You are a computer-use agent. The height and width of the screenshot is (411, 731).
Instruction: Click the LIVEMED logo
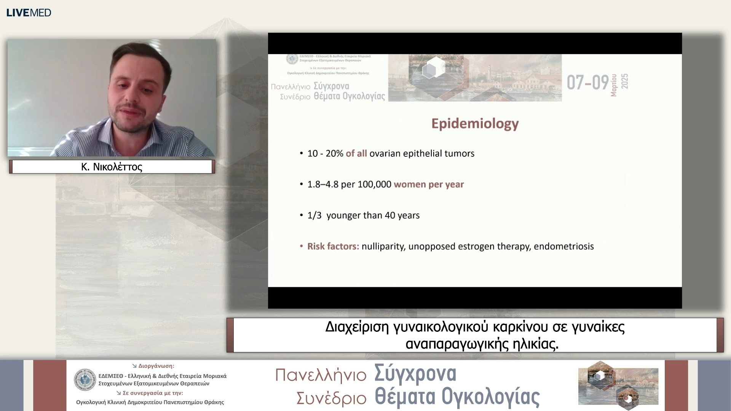pyautogui.click(x=29, y=13)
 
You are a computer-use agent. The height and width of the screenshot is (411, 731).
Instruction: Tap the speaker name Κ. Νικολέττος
pyautogui.click(x=112, y=167)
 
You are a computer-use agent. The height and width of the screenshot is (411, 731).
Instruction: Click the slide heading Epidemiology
pyautogui.click(x=475, y=124)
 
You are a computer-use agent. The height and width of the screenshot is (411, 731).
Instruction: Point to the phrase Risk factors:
pyautogui.click(x=333, y=246)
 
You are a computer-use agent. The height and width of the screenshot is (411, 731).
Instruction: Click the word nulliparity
pyautogui.click(x=383, y=247)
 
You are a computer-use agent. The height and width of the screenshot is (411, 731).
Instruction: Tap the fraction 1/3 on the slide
pyautogui.click(x=314, y=215)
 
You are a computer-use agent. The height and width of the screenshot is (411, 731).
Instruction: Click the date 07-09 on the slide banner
pyautogui.click(x=587, y=82)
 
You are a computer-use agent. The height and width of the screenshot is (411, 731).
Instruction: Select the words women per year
pyautogui.click(x=429, y=185)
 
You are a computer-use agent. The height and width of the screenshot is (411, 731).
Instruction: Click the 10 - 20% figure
pyautogui.click(x=326, y=153)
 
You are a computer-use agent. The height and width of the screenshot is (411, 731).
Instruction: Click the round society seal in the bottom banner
pyautogui.click(x=85, y=379)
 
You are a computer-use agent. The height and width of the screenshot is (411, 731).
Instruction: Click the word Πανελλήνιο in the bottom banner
pyautogui.click(x=321, y=375)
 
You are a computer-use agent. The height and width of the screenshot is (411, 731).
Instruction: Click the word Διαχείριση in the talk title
pyautogui.click(x=357, y=327)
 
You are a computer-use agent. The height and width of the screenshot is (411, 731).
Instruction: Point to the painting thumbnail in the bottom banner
pyautogui.click(x=618, y=385)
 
